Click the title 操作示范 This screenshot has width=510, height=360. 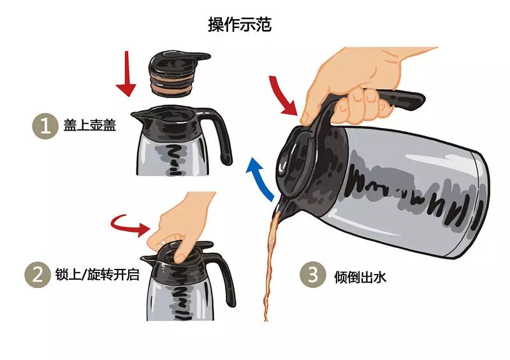[x=240, y=25]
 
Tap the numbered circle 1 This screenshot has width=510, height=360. [x=45, y=126]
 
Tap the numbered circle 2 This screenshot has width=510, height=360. [x=38, y=275]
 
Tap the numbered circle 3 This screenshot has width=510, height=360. [x=312, y=275]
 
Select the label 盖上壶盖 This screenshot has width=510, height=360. [x=89, y=125]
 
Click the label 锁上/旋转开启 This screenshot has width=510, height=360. [x=98, y=274]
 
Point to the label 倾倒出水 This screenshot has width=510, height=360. [x=360, y=277]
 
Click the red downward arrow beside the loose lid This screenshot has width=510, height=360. [x=126, y=75]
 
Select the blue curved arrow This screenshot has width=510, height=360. [x=259, y=179]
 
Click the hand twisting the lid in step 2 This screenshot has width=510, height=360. [x=182, y=224]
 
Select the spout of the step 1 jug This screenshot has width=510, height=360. [x=138, y=116]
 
